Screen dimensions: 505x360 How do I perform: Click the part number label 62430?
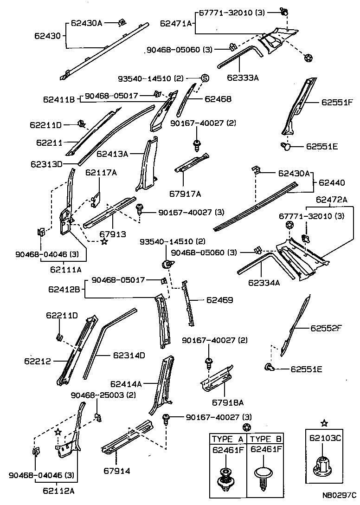(48, 35)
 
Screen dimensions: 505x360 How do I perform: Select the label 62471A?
(176, 23)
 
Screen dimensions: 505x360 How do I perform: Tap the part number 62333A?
(243, 78)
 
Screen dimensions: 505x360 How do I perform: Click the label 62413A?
(112, 153)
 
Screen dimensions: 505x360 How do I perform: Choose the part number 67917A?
(185, 193)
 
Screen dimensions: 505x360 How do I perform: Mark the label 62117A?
(101, 173)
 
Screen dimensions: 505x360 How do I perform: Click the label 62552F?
(326, 328)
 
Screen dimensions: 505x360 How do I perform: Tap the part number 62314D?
(129, 356)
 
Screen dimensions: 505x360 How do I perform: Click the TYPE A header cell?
(227, 439)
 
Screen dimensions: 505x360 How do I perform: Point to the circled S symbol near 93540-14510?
(205, 78)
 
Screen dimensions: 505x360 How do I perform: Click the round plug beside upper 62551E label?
(287, 147)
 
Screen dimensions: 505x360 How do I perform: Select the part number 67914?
(116, 471)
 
